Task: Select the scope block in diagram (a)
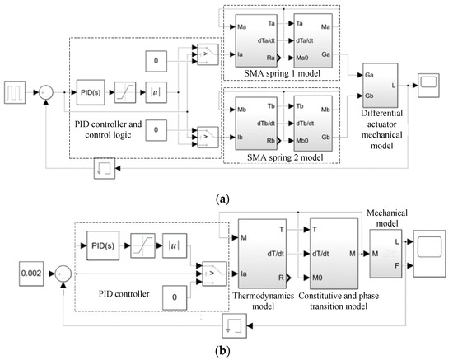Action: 428,80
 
